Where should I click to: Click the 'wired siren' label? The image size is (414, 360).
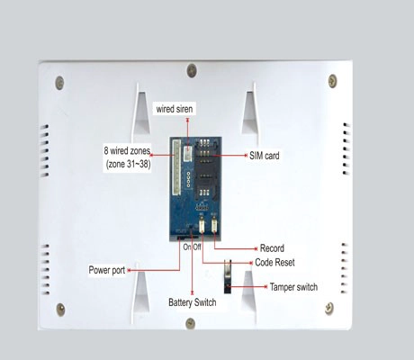[x=175, y=109]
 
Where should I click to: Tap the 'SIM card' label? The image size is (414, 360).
[x=265, y=156]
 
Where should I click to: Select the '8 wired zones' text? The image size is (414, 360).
[x=127, y=150]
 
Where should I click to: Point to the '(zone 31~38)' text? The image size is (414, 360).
[x=128, y=164]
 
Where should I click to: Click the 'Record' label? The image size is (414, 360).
[x=272, y=248]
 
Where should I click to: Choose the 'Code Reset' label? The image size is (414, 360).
[x=274, y=262]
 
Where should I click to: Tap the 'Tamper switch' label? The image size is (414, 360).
[x=293, y=287]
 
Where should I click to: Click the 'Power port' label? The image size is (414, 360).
[x=107, y=270]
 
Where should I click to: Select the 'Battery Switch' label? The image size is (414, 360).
[x=193, y=301]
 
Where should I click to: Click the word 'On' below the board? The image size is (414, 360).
[x=187, y=247]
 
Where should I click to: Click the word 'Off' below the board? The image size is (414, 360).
[x=197, y=247]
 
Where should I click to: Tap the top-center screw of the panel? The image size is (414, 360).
[x=192, y=70]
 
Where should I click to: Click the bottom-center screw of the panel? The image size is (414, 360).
[x=190, y=323]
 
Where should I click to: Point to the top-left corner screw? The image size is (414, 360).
[x=59, y=83]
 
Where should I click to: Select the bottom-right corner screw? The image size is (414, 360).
[x=329, y=309]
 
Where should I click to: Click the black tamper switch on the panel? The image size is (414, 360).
[x=228, y=276]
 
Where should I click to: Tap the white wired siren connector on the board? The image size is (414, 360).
[x=188, y=149]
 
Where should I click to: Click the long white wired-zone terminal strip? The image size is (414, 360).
[x=176, y=167]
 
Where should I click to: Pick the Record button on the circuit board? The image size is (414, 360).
[x=214, y=224]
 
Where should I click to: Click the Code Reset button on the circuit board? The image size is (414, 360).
[x=202, y=224]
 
